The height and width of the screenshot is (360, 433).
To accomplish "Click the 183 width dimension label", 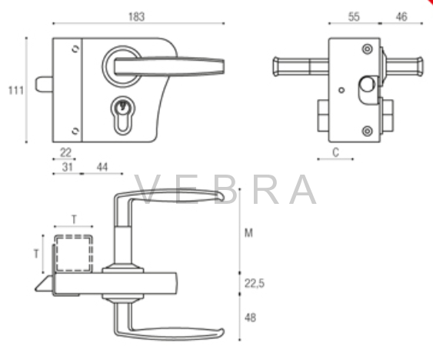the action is click(x=136, y=17).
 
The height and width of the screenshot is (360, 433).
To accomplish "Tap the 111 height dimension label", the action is click(x=16, y=90).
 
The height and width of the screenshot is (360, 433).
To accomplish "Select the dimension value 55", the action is click(x=354, y=17).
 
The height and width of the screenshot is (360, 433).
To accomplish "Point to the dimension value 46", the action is click(x=401, y=17).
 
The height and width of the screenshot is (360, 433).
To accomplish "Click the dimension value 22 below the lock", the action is click(x=65, y=152).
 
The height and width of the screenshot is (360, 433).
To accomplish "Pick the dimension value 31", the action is click(x=68, y=167).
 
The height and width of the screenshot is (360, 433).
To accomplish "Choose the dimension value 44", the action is click(x=102, y=167).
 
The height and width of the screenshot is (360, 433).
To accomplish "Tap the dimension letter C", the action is click(x=335, y=152).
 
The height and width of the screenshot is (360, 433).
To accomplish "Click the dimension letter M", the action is click(x=248, y=233).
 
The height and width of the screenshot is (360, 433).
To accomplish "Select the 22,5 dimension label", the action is click(x=255, y=284).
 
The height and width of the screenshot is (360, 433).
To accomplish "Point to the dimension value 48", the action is click(x=250, y=318).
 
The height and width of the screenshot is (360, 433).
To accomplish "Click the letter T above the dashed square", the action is click(x=74, y=220).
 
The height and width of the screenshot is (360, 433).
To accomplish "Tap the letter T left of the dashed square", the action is click(x=36, y=254).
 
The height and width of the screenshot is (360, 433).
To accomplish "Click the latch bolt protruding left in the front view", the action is click(x=44, y=85).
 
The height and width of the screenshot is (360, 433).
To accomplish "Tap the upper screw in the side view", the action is click(x=367, y=49).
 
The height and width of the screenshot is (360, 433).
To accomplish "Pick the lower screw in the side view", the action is click(x=367, y=131).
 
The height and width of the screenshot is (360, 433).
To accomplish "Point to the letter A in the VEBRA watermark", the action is click(x=303, y=189).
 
